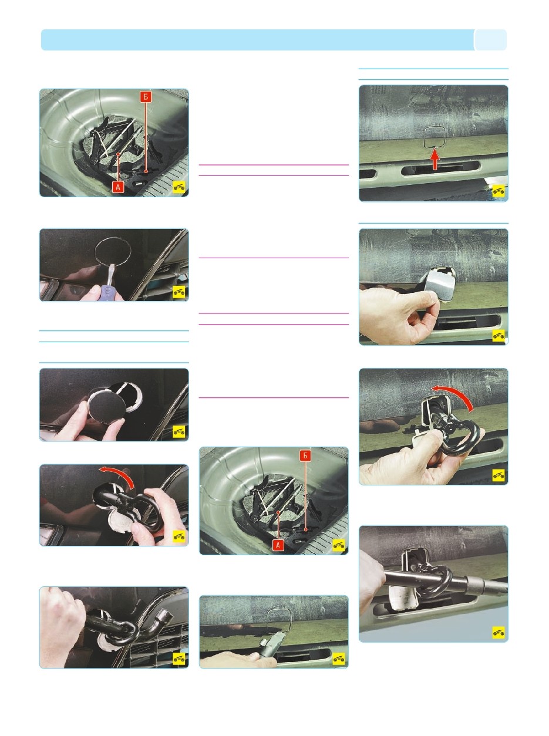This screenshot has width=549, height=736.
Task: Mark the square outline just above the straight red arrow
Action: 435,137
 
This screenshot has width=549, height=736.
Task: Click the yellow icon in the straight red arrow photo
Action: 499,191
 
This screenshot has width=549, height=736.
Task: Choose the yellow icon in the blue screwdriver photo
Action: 179,291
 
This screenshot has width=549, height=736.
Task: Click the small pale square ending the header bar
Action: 490,40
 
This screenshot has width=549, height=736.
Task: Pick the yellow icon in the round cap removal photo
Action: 179,431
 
